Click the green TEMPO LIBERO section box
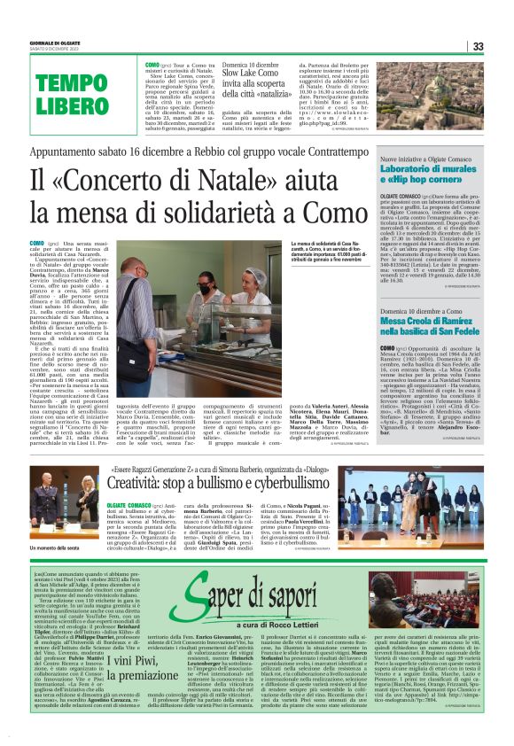click(72, 94)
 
